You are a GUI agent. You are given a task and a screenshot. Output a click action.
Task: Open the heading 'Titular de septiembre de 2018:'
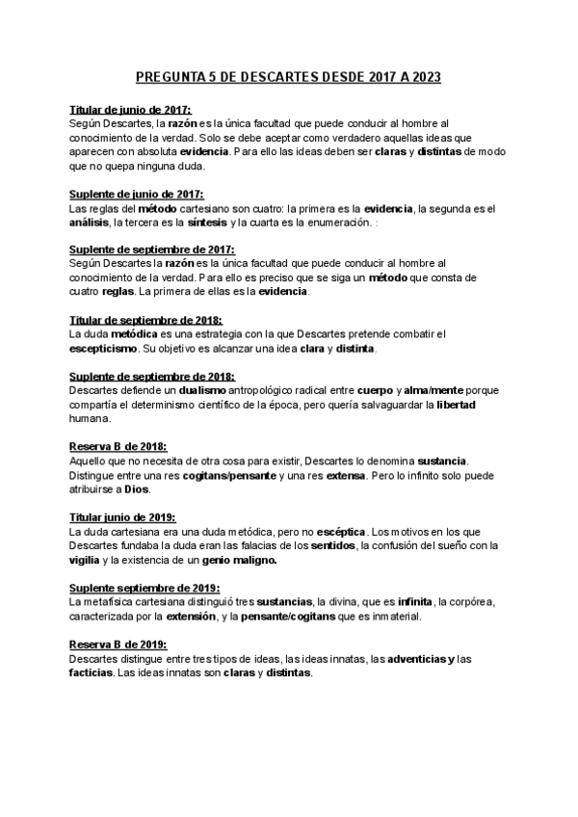[146, 320]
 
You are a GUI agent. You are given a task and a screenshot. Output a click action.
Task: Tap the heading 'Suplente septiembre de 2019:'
[144, 587]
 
